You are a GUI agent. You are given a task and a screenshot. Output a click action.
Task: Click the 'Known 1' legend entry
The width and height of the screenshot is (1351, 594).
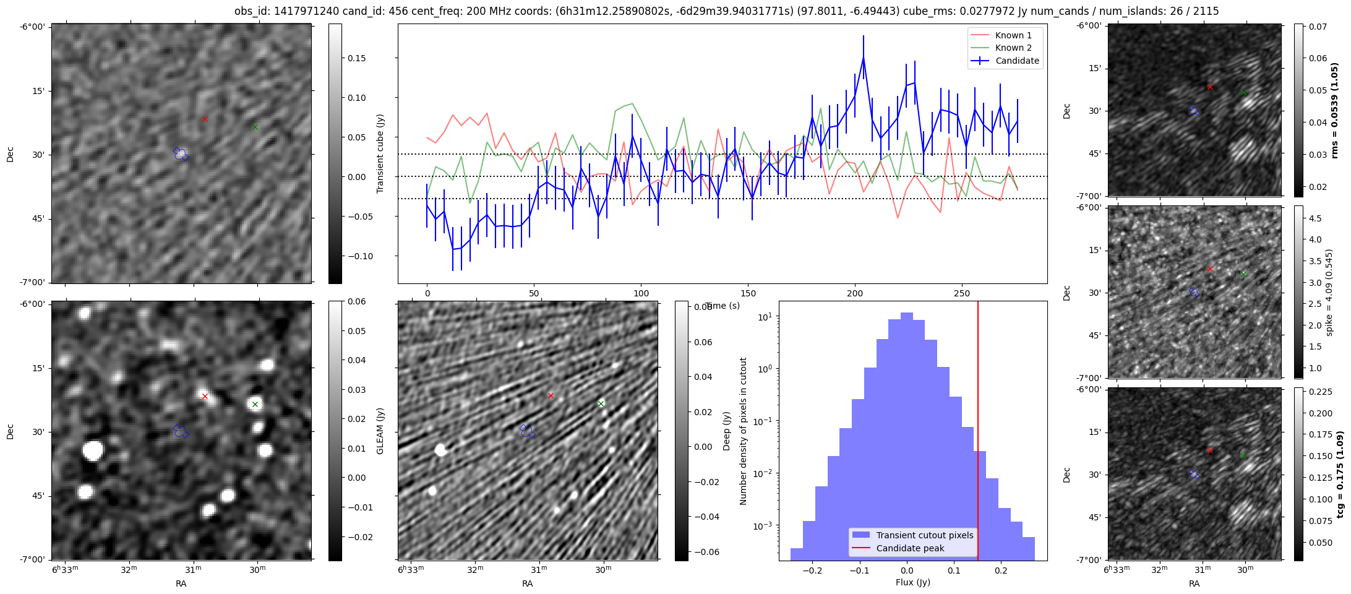pos(1013,35)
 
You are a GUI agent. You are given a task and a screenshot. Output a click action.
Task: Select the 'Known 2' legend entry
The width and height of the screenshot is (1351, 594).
pos(1013,48)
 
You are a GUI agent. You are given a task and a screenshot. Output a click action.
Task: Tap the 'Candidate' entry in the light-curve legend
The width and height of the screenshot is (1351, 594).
pos(1017,61)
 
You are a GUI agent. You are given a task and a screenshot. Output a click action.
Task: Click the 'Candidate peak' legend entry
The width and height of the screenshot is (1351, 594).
pos(910,548)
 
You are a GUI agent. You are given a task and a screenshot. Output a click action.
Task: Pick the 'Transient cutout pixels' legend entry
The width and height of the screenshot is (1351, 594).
pos(924,535)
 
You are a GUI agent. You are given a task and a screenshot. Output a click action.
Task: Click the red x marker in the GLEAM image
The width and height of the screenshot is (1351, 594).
pos(205,396)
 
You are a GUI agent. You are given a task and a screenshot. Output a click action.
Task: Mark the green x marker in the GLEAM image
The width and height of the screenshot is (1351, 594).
pos(255,404)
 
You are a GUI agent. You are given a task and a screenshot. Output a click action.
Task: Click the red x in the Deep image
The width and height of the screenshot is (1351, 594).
pos(551,395)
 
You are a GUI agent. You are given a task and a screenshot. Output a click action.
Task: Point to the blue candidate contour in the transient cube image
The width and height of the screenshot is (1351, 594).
pos(181,153)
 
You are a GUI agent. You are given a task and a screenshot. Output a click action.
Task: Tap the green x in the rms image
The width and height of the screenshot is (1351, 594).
pos(1243,93)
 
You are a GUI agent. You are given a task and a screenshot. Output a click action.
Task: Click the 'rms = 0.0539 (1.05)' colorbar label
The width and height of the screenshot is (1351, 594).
pos(1336,110)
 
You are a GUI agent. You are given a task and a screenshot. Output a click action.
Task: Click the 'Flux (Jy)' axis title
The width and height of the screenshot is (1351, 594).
pos(912,582)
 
